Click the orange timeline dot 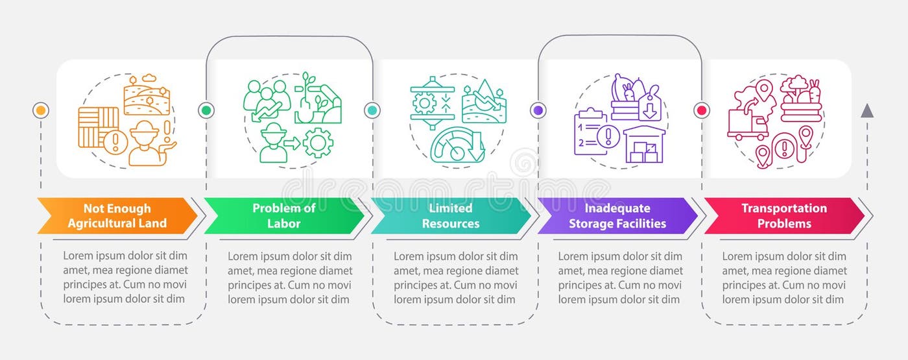[41, 110]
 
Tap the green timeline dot [206, 110]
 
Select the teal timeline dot [372, 110]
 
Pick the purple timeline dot [538, 110]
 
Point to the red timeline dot [701, 110]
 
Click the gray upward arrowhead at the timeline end [866, 111]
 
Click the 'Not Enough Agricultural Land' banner [117, 216]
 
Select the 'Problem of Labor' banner [284, 216]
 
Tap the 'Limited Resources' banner [450, 216]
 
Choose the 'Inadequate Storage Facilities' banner [616, 216]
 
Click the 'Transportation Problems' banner [783, 216]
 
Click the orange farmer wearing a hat [144, 143]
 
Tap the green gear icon [318, 143]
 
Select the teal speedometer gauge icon [458, 145]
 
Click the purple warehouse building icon [644, 145]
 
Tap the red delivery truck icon [747, 123]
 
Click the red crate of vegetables [802, 104]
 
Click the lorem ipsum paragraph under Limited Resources [456, 278]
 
